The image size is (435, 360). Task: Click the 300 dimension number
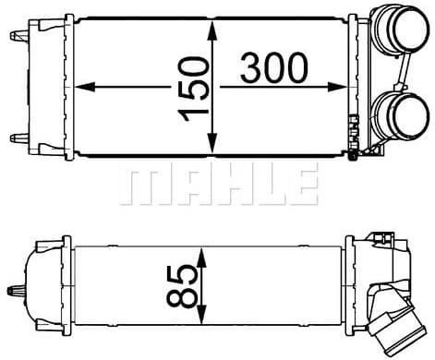273,68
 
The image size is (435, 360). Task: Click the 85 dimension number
182,287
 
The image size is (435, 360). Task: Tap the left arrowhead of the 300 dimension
84,87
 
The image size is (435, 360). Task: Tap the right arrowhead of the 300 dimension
338,87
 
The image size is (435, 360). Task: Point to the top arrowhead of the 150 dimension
212,30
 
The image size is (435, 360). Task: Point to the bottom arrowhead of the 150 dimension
212,144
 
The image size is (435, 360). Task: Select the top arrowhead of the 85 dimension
200,258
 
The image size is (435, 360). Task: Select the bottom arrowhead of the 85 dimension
200,314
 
